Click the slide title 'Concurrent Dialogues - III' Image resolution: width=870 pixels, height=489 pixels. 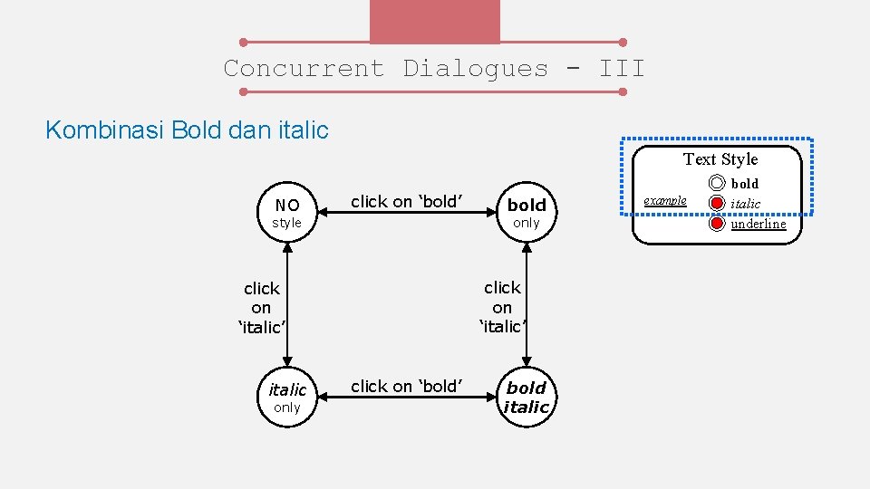[x=434, y=69]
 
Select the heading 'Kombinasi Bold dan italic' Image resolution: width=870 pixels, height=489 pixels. [x=187, y=130]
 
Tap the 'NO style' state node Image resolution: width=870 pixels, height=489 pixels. [x=287, y=213]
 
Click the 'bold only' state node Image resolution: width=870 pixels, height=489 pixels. [x=526, y=213]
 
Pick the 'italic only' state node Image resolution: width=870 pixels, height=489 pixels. [x=287, y=398]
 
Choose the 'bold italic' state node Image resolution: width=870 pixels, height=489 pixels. [x=527, y=398]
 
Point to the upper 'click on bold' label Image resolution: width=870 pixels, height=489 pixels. [x=407, y=202]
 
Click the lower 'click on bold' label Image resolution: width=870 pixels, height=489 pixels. [x=407, y=387]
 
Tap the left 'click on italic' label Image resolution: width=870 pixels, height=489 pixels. [x=261, y=308]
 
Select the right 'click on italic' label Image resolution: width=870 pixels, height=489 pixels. [x=502, y=307]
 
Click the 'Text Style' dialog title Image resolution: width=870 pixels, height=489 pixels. [x=720, y=159]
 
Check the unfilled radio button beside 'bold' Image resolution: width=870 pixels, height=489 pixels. [x=717, y=184]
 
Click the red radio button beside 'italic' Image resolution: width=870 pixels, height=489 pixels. [x=717, y=204]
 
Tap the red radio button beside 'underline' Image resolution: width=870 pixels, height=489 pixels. [x=717, y=224]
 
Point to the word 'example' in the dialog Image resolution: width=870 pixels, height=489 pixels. [x=665, y=200]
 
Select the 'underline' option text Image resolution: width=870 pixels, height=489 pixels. [x=759, y=224]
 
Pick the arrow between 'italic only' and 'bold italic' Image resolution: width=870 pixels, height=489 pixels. [x=407, y=399]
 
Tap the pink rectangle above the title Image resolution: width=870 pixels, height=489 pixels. [x=434, y=21]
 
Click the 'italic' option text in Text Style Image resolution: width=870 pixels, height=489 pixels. [x=746, y=204]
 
